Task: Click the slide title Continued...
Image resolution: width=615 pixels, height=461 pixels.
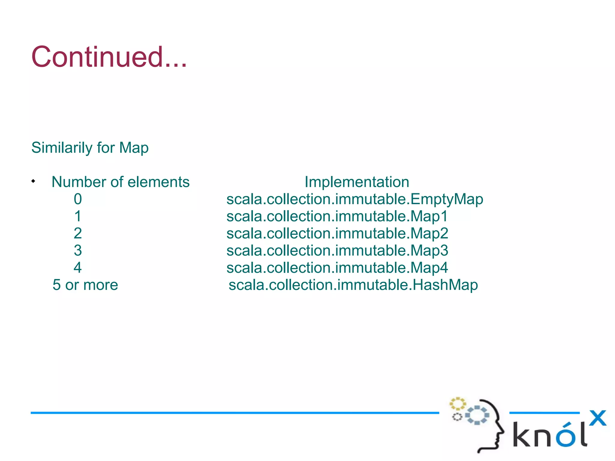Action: [x=109, y=57]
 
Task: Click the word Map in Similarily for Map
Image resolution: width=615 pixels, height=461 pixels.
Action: [x=134, y=148]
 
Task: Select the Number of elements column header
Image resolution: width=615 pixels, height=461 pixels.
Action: [x=120, y=182]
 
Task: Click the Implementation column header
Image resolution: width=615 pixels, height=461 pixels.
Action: [x=357, y=182]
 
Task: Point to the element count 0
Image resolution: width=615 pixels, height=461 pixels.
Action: [x=78, y=199]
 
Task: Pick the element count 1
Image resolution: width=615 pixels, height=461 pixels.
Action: [x=78, y=216]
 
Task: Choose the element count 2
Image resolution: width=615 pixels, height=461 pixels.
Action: [x=78, y=233]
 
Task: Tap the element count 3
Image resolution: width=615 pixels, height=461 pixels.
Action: [x=78, y=250]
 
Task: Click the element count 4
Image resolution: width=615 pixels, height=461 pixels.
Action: [x=78, y=267]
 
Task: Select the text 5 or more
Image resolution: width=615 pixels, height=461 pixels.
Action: [x=85, y=285]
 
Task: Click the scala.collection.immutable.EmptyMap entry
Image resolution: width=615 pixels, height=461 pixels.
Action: [x=355, y=199]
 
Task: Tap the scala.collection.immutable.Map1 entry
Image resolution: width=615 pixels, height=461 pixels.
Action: [x=337, y=216]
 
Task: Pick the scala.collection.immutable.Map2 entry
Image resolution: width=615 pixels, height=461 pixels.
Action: [x=337, y=234]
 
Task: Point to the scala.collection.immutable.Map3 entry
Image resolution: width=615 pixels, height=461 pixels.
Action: [x=337, y=251]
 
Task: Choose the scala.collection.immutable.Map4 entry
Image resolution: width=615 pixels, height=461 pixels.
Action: [x=337, y=268]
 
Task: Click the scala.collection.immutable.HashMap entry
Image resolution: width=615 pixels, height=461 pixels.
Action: [x=353, y=285]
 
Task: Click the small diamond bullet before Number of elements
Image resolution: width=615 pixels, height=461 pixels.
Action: [x=33, y=181]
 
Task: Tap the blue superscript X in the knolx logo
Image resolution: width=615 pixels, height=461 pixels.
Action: [x=598, y=418]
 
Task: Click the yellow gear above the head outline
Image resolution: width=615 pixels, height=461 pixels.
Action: [x=457, y=404]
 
